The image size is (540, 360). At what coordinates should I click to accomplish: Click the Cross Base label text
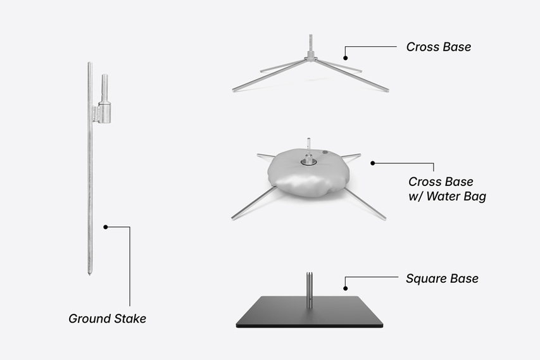tap(439, 47)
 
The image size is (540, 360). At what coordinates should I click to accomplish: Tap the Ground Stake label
tap(107, 319)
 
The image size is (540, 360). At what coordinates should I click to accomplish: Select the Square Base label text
tap(442, 278)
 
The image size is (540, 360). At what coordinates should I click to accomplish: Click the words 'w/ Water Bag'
tap(447, 197)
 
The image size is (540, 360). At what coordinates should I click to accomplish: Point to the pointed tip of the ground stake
tap(89, 274)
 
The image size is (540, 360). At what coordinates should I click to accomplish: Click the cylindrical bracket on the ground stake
tap(104, 112)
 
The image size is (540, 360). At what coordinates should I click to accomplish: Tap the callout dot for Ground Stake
tap(106, 227)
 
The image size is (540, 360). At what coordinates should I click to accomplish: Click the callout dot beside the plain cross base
tap(346, 58)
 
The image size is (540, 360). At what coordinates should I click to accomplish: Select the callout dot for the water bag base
tap(373, 163)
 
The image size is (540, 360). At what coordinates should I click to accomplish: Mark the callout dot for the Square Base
tap(346, 289)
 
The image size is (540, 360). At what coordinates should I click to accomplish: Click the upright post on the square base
tap(310, 290)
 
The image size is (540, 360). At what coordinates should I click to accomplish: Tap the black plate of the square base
tap(310, 313)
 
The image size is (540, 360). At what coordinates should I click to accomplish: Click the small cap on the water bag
tap(325, 152)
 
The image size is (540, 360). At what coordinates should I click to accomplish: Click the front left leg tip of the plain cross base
tap(234, 90)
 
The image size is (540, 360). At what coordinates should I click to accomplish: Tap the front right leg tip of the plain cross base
tap(387, 90)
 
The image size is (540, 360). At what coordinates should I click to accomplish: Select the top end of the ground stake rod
tap(89, 63)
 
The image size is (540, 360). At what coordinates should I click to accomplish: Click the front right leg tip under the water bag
tap(384, 218)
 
